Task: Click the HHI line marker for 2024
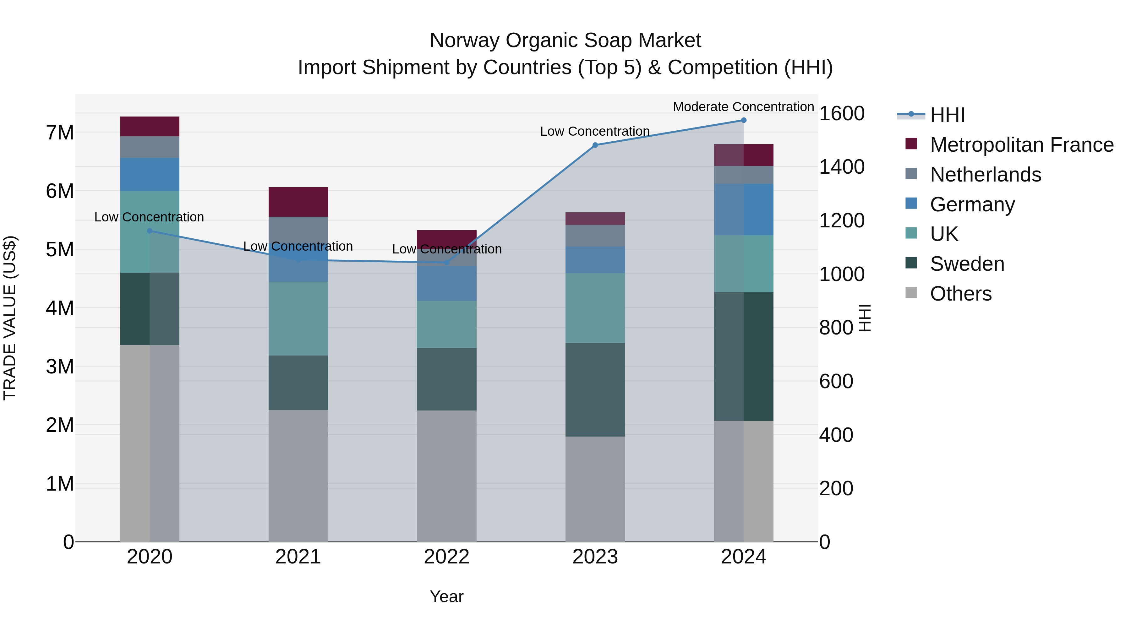[x=743, y=120]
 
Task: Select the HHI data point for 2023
[x=595, y=145]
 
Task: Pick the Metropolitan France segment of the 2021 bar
[x=298, y=202]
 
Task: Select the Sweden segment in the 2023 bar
[x=595, y=389]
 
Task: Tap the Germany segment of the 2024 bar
[x=743, y=209]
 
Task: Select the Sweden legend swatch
[x=911, y=264]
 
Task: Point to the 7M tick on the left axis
[x=60, y=133]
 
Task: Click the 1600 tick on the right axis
[x=842, y=114]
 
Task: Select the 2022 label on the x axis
[x=446, y=557]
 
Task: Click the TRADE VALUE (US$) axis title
[x=10, y=318]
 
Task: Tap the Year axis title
[x=446, y=596]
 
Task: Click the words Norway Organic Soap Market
[x=565, y=41]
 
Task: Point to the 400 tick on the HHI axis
[x=836, y=435]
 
